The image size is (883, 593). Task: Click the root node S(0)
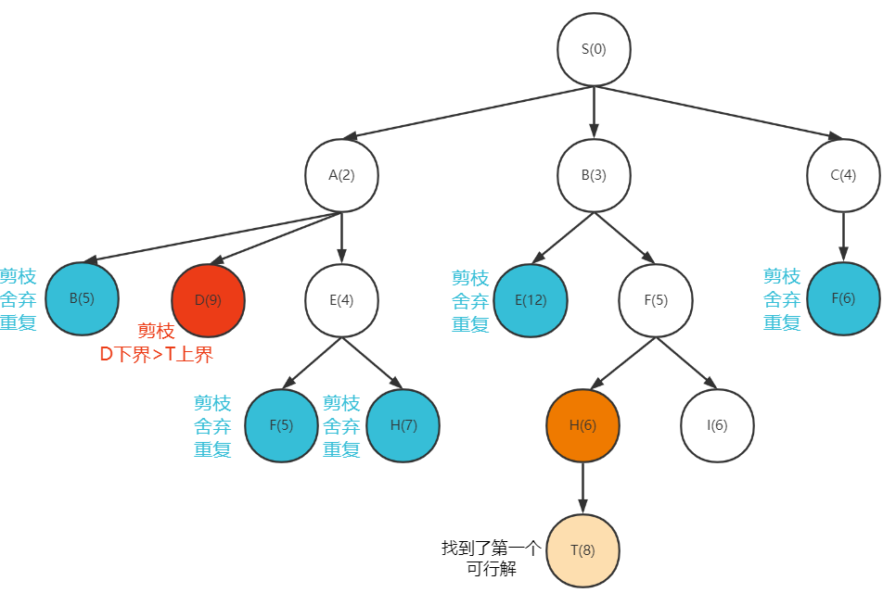[594, 49]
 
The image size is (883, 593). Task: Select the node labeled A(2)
[342, 175]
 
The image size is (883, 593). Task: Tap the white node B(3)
[594, 175]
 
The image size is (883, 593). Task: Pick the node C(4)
[843, 175]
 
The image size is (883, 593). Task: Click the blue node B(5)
[82, 299]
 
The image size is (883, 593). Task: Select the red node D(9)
[208, 300]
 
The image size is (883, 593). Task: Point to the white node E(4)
[342, 300]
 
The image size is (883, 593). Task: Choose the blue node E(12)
[531, 300]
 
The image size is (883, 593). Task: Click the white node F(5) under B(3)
[656, 300]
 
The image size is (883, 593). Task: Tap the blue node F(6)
[843, 300]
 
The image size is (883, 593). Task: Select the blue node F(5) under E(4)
[281, 425]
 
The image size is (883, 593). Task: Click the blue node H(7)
[403, 425]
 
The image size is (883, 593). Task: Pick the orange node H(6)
[582, 425]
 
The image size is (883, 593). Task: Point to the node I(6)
[717, 425]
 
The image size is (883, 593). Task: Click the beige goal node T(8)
[582, 550]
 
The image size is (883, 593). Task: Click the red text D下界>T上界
[157, 354]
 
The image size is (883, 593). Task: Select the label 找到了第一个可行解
[491, 559]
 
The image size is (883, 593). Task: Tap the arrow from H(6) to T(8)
[582, 487]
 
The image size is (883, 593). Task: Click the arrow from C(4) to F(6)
[843, 237]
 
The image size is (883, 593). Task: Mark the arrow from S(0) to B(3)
[594, 112]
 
